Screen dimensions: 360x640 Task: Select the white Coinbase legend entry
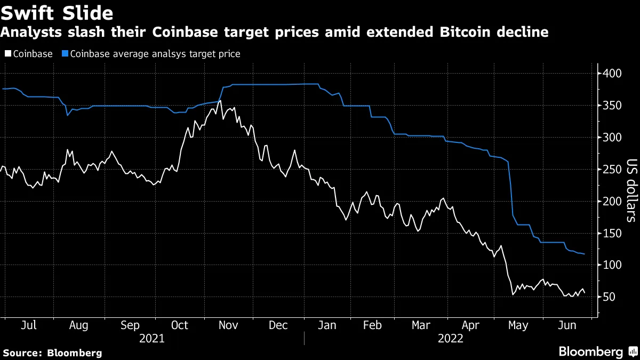(x=29, y=54)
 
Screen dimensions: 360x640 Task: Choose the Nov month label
(x=229, y=325)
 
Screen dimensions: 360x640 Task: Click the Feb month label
(x=372, y=325)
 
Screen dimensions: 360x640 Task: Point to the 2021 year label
(x=151, y=338)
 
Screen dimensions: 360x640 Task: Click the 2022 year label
(x=451, y=338)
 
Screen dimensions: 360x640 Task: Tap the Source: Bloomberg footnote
(x=52, y=353)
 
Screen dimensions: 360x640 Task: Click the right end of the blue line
(x=585, y=254)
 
